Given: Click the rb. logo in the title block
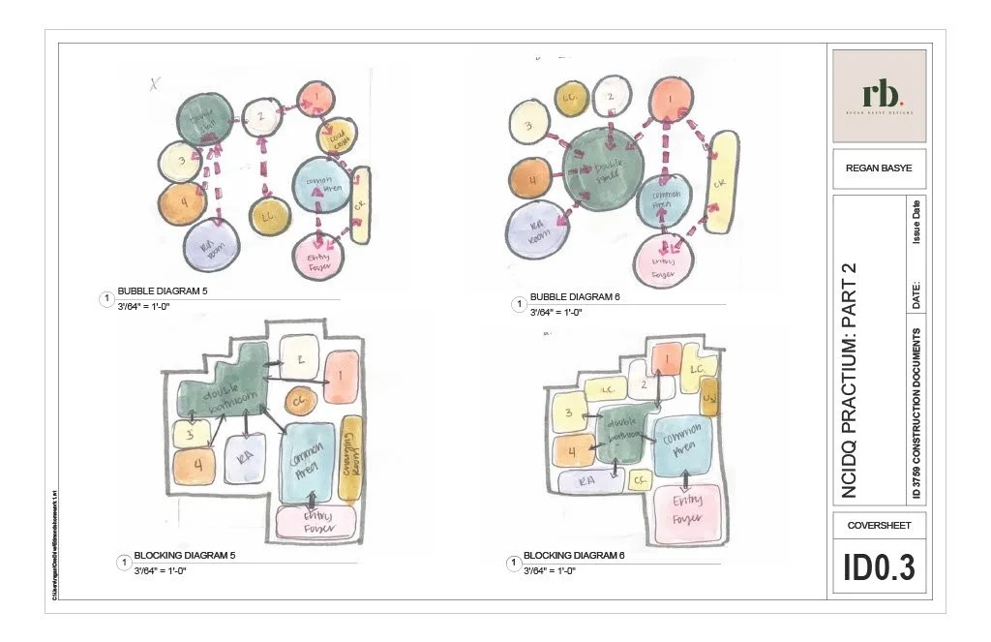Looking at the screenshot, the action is point(879,94).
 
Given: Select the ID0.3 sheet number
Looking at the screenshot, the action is point(879,567).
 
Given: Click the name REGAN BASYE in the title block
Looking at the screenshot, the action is point(879,168).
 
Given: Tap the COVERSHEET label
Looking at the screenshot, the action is point(879,525).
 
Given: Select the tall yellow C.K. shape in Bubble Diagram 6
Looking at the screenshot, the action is point(719,182).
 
